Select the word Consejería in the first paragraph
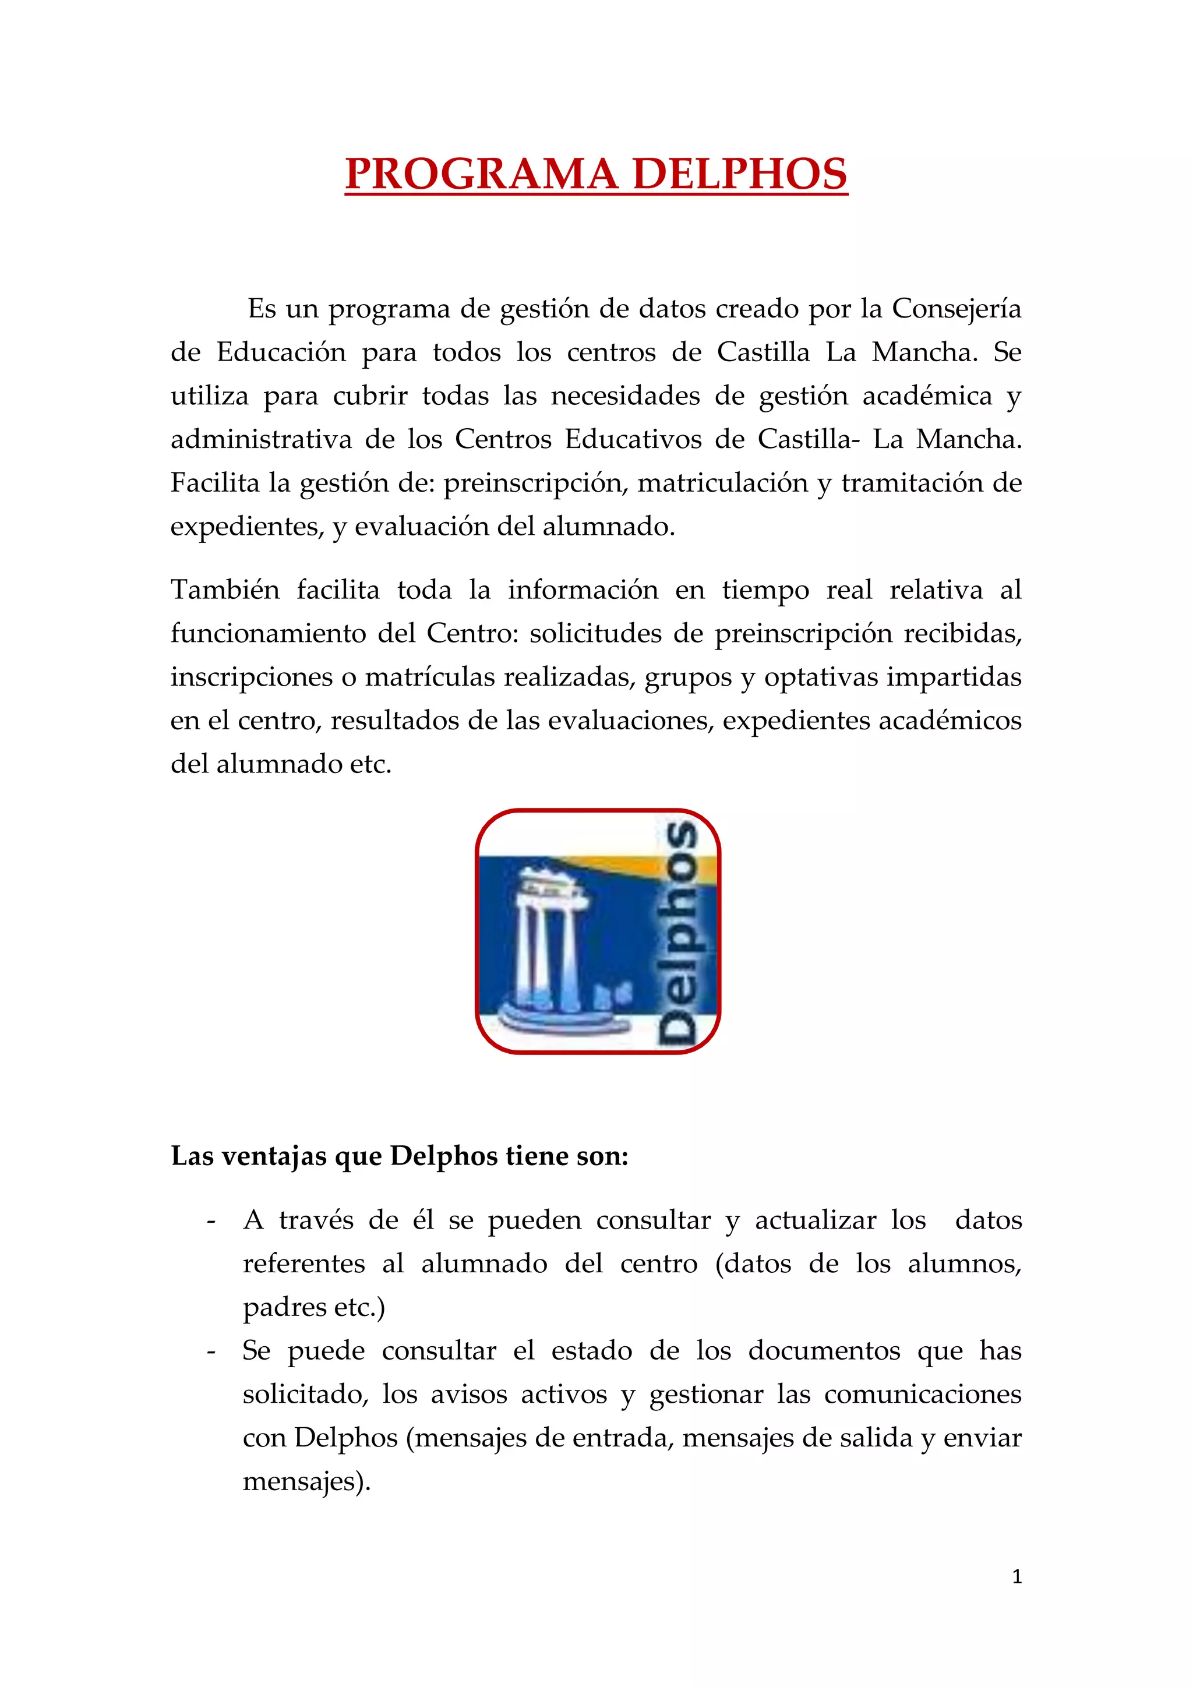[x=956, y=309]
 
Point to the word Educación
[x=281, y=352]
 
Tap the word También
[x=225, y=590]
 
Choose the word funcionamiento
[x=267, y=633]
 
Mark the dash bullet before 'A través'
[x=211, y=1221]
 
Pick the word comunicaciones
[x=922, y=1395]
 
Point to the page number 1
[x=1016, y=1577]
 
